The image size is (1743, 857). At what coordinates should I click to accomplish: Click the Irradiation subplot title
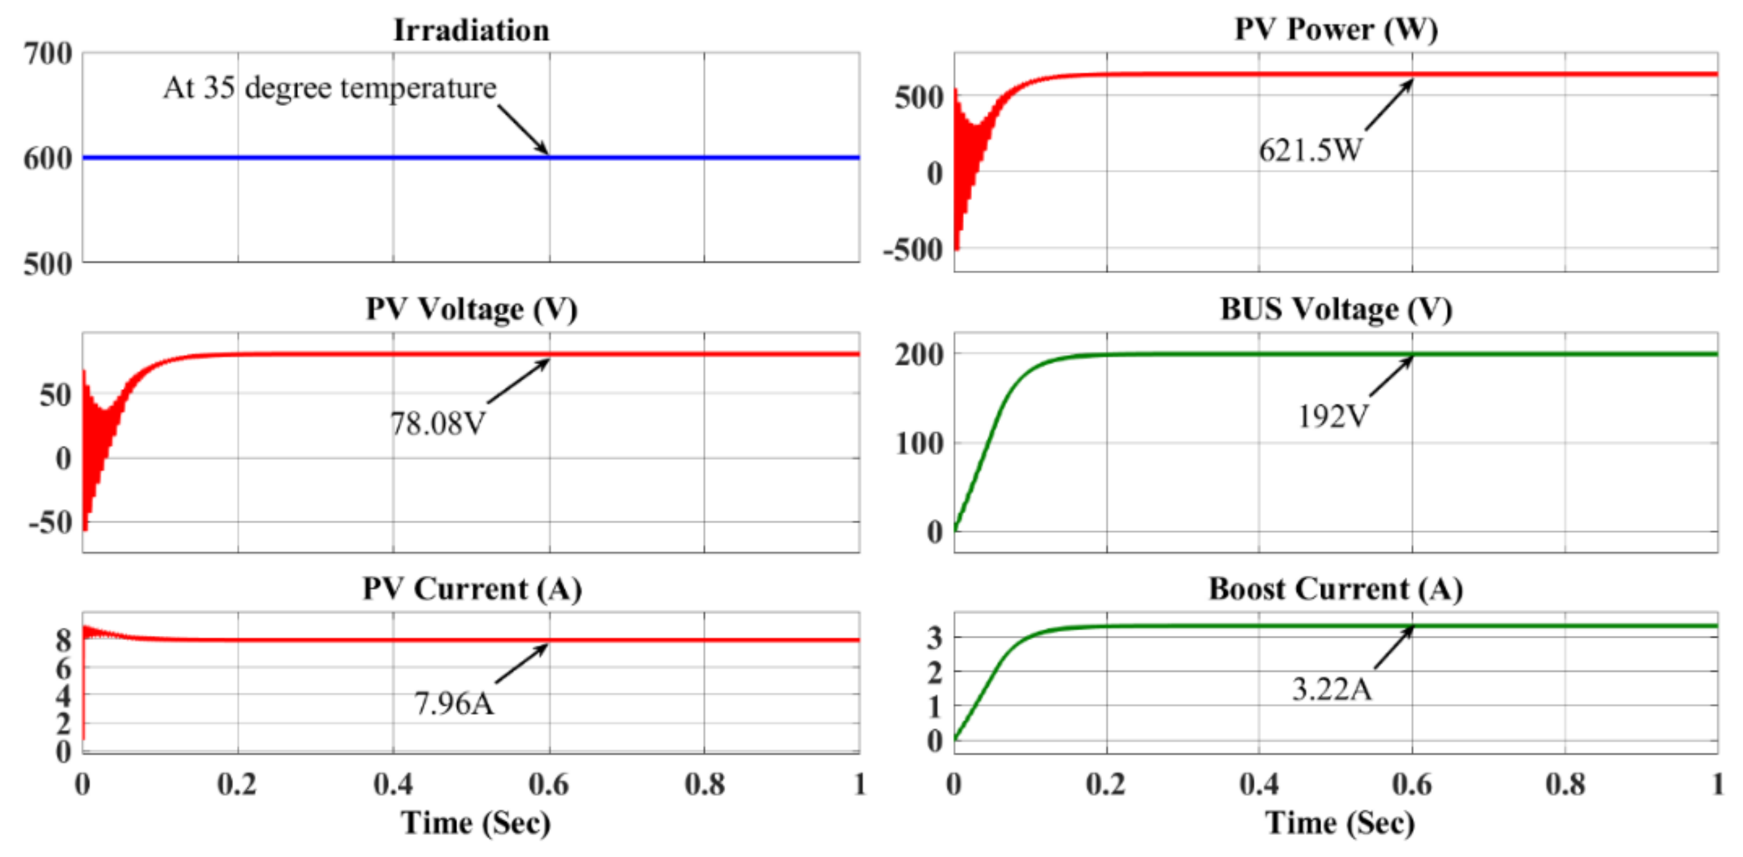tap(471, 30)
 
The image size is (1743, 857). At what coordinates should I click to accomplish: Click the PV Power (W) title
tap(1336, 28)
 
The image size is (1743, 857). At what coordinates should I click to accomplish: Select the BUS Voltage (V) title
tap(1336, 309)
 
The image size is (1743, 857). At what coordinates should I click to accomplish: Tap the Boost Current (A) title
tap(1336, 589)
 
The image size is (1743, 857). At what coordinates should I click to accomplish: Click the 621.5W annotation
tap(1310, 150)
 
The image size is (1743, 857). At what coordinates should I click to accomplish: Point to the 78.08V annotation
tap(438, 424)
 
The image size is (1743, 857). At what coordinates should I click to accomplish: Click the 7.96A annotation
tap(453, 703)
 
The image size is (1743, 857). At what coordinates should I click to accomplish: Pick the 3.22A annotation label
tap(1331, 689)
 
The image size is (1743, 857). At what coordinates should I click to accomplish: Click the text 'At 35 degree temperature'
tap(330, 88)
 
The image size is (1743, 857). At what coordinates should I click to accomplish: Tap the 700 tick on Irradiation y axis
tap(47, 54)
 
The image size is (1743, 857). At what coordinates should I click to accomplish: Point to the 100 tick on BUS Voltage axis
tap(919, 443)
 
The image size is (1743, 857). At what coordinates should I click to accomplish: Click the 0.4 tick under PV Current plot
tap(393, 784)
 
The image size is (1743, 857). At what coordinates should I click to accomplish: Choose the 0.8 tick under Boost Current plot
tap(1565, 784)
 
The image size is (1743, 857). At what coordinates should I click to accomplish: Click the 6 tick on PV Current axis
tap(64, 668)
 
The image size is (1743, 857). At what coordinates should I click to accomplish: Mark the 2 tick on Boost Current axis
tap(934, 673)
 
